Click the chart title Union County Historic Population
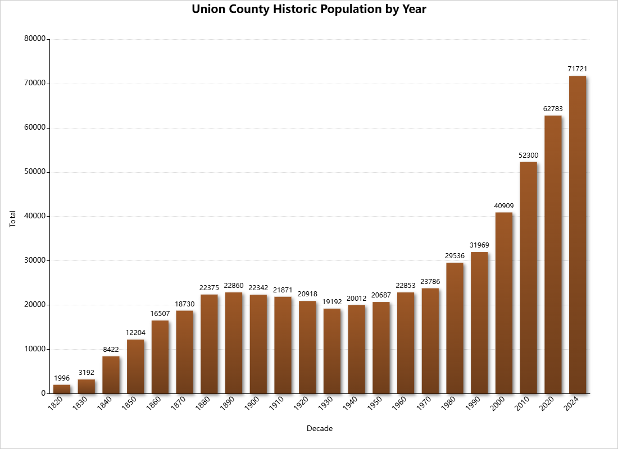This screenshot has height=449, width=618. (309, 10)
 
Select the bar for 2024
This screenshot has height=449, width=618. (578, 235)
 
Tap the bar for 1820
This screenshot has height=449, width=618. (62, 389)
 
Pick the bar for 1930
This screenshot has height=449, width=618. (332, 351)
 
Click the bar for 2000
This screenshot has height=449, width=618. (504, 303)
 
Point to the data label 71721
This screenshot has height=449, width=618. (578, 69)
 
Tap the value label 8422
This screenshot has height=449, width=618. (111, 350)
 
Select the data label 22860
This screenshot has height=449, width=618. (234, 286)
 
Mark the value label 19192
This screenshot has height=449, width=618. (332, 302)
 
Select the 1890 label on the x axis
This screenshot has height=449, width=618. (228, 404)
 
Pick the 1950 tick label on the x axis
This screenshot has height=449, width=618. (375, 404)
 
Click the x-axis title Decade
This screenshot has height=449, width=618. (320, 429)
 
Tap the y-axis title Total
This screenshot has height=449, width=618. (13, 219)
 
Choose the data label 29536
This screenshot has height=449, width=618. (455, 256)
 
